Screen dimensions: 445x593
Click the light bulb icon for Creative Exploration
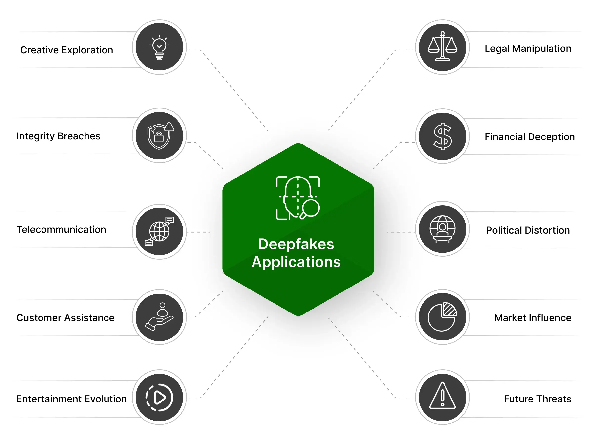159,47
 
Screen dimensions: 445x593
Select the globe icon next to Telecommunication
159,231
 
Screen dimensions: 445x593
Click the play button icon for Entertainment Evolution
159,398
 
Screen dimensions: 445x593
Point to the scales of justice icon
442,47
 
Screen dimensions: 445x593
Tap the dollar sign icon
442,136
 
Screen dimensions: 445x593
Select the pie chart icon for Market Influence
442,317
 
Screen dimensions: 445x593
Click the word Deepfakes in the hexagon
296,244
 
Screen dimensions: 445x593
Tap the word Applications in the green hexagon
296,262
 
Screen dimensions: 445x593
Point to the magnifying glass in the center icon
310,209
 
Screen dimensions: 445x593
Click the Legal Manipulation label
528,49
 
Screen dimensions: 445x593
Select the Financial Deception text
529,137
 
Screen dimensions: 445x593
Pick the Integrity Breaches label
58,136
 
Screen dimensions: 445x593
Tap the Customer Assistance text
65,318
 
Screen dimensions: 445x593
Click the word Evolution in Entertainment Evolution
105,399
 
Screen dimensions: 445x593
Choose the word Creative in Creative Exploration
39,50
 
